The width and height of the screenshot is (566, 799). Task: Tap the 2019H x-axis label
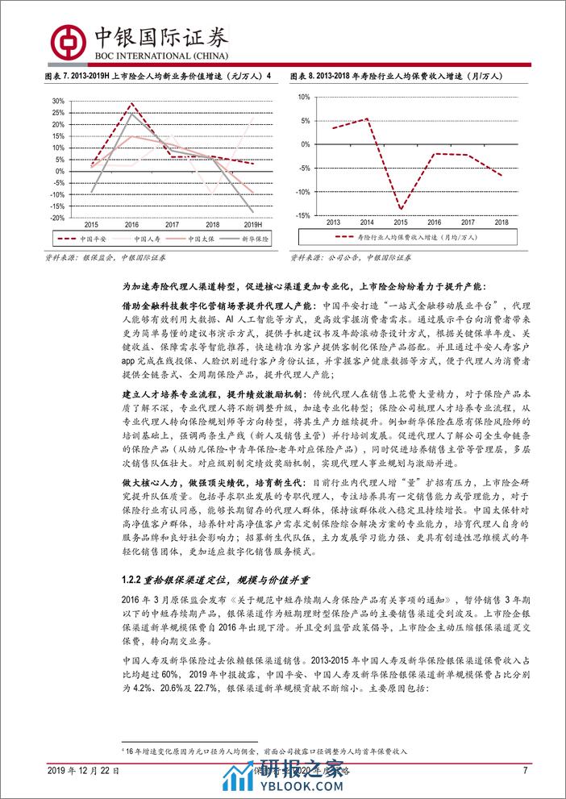254,224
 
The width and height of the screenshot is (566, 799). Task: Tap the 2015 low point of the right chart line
401,210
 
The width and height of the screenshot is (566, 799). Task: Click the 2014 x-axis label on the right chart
367,222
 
